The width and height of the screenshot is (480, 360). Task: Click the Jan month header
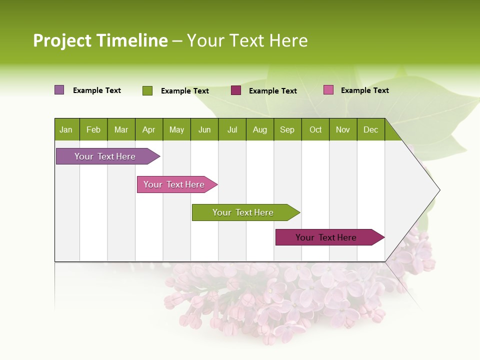(66, 129)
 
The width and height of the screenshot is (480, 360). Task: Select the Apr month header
(148, 129)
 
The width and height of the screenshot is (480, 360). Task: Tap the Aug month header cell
(259, 129)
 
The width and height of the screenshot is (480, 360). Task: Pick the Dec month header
(370, 129)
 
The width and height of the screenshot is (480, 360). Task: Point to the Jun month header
(204, 129)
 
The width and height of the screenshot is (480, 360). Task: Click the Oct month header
(315, 129)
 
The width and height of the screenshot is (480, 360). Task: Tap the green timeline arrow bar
(243, 212)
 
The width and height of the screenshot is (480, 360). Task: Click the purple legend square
(59, 90)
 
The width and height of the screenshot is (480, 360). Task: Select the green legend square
(147, 90)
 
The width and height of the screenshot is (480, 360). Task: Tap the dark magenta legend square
(236, 90)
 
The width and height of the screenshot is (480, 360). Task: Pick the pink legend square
(328, 90)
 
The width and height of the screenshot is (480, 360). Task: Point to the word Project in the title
(62, 40)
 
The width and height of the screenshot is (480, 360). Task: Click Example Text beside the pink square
(364, 90)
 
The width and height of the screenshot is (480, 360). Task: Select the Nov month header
(343, 129)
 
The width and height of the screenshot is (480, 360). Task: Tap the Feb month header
(93, 129)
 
